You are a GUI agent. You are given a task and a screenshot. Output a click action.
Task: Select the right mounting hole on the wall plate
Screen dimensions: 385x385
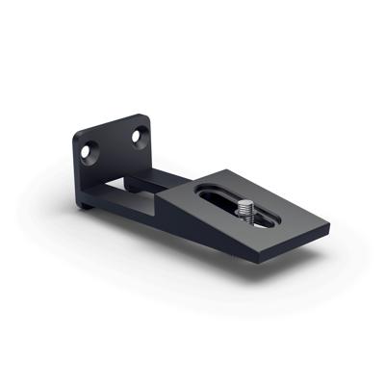click(135, 137)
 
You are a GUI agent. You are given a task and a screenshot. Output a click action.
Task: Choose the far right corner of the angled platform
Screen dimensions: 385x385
click(329, 229)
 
